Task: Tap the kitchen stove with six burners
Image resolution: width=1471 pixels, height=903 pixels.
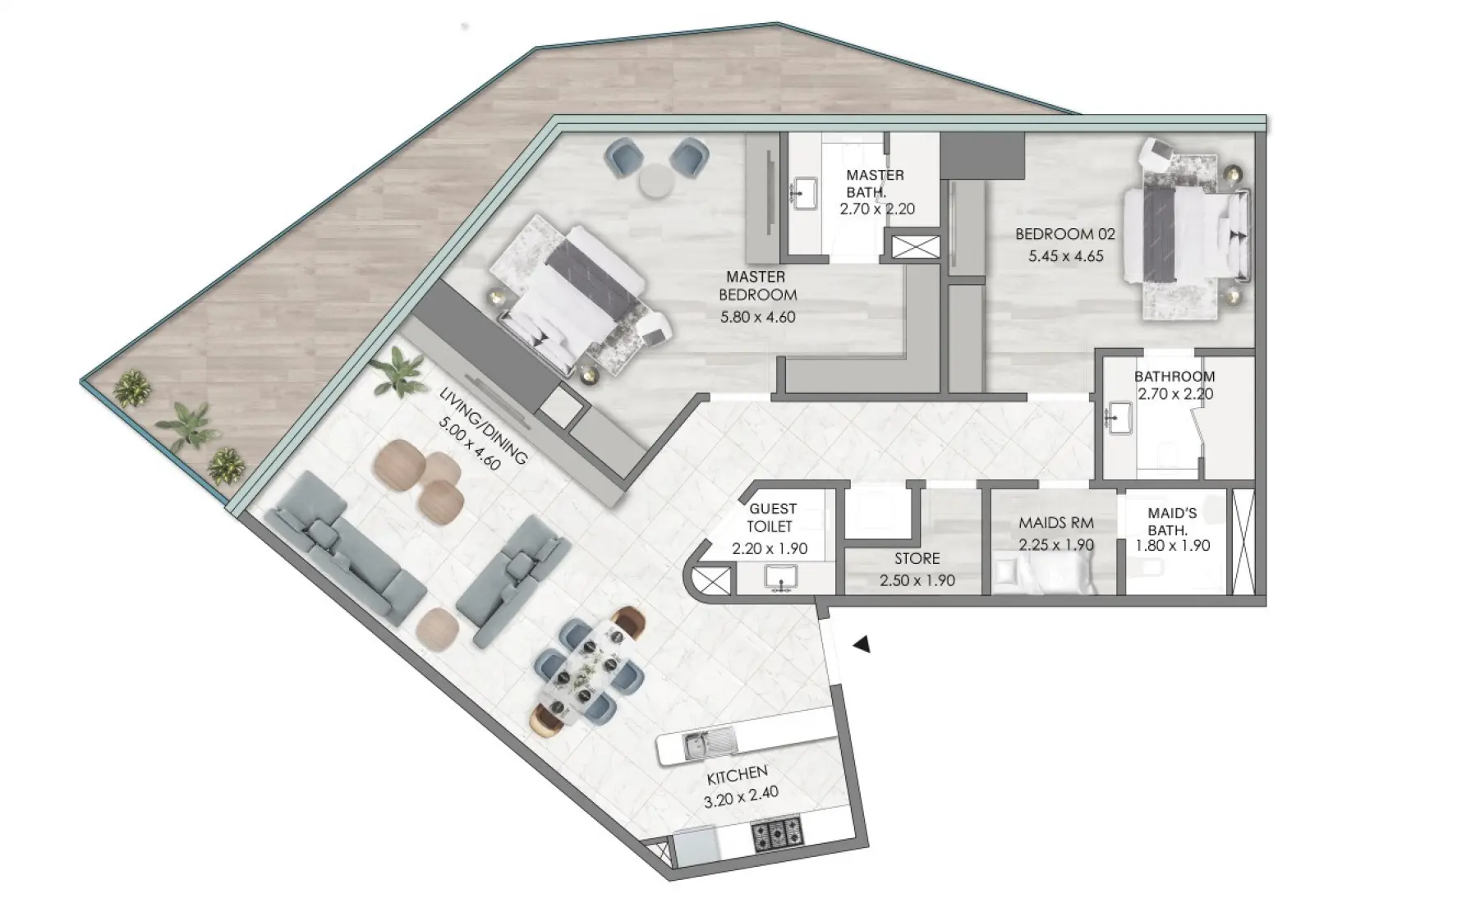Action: [777, 836]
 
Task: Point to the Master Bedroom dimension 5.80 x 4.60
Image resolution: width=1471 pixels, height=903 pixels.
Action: [757, 317]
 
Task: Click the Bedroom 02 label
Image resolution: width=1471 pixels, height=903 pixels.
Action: [1065, 234]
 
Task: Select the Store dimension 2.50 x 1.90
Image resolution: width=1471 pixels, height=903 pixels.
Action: [917, 580]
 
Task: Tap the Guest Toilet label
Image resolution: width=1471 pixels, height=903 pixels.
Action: [772, 518]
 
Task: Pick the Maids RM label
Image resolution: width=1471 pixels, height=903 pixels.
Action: [1056, 523]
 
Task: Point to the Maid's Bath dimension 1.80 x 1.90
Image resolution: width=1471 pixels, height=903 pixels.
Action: [1172, 546]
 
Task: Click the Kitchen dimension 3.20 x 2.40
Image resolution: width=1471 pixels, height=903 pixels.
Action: [741, 794]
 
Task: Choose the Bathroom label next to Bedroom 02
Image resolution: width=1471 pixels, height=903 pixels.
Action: [1175, 377]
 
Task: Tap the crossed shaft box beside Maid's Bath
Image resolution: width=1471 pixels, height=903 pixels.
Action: [1244, 542]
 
